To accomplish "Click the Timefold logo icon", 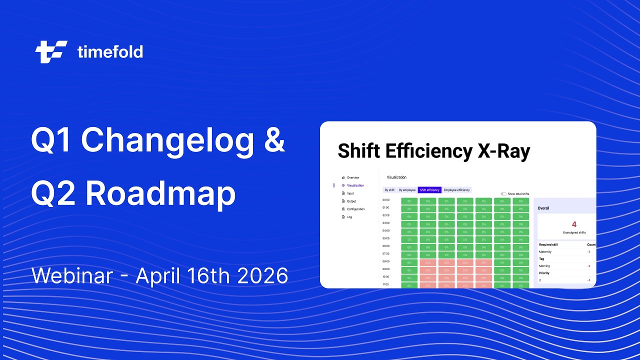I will click(51, 51).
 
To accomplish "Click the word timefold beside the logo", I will click(110, 51).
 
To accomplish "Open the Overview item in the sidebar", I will click(353, 177).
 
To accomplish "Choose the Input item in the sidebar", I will click(350, 193).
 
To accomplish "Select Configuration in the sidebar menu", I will click(355, 209).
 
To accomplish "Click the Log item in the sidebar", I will click(349, 217).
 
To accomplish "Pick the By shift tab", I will click(389, 190).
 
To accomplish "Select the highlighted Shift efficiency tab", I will click(429, 190).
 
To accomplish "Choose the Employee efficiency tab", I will click(456, 190).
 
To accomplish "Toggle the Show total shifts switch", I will click(503, 194).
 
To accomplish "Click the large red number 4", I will click(573, 224).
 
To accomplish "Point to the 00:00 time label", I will click(385, 200).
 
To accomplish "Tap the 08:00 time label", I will click(385, 261).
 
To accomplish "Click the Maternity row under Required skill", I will click(545, 251).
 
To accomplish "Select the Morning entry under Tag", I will click(544, 266).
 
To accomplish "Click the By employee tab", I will click(407, 190).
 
